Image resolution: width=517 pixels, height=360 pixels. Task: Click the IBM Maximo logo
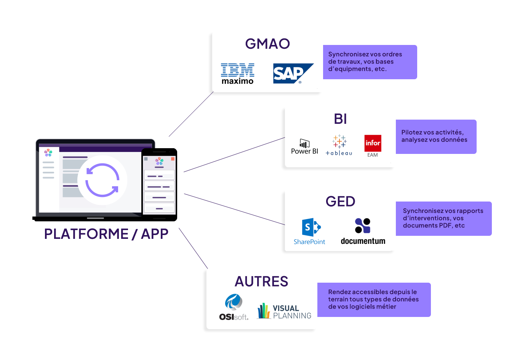tap(237, 74)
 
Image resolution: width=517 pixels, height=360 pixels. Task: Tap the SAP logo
tap(292, 74)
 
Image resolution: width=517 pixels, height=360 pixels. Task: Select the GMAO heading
tap(267, 44)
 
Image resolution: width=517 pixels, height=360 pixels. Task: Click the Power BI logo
tap(304, 147)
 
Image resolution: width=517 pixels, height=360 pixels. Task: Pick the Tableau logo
tap(339, 145)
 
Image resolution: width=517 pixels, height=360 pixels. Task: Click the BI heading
tap(340, 119)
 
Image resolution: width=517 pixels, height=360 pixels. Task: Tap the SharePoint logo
tap(310, 231)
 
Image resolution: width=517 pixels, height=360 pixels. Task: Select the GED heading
tap(340, 201)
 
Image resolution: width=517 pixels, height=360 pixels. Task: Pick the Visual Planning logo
tap(284, 311)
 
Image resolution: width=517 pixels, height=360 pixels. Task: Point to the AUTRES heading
tap(261, 282)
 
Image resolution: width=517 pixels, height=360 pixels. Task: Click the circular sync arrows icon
tap(102, 180)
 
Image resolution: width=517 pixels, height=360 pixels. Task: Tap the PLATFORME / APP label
tap(106, 234)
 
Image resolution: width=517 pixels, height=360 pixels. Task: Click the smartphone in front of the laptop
tap(159, 184)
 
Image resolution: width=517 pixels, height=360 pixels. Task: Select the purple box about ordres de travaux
tap(370, 62)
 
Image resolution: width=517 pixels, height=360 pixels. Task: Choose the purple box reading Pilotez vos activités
tap(436, 136)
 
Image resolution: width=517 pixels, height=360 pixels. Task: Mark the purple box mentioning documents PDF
tap(443, 218)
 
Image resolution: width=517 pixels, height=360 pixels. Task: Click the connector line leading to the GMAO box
tap(190, 115)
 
